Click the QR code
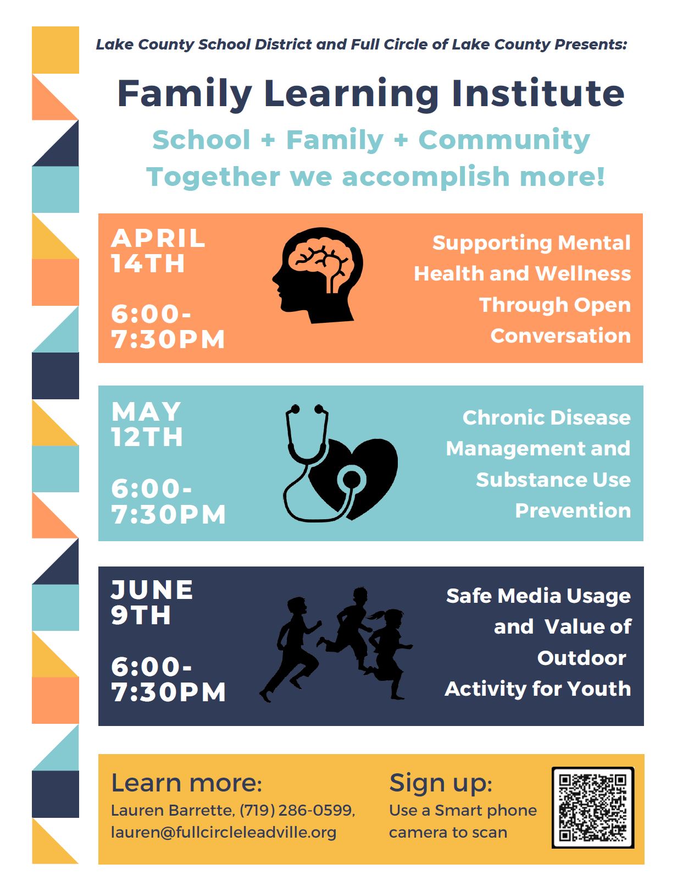pos(592,807)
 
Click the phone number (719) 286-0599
pos(297,810)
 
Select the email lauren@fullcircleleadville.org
pos(224,833)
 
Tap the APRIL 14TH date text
pos(158,251)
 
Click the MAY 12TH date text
pos(147,424)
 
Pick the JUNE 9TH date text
pos(152,602)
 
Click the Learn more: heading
pos(186,783)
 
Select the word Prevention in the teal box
pos(573,510)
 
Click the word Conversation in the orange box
pos(560,335)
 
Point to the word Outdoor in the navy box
pos(581,658)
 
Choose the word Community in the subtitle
pos(504,140)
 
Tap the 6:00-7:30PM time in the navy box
pos(168,679)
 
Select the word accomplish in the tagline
pos(425,178)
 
